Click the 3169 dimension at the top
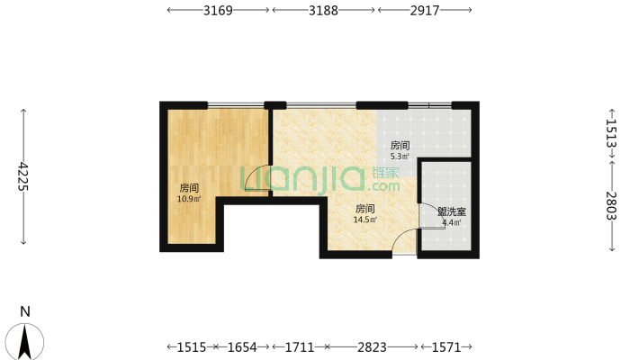218,10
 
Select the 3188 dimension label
323,10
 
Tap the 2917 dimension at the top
425,10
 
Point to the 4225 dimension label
23,176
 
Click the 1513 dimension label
611,133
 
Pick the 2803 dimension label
611,206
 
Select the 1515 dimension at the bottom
192,347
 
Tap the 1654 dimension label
242,347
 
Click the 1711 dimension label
300,347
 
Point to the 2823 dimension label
372,347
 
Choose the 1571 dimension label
445,347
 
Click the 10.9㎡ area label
189,199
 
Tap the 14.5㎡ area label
365,220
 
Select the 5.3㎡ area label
400,156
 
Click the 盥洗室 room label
452,212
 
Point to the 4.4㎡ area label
452,222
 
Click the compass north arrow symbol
25,342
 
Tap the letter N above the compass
25,312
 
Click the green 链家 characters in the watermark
385,173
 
